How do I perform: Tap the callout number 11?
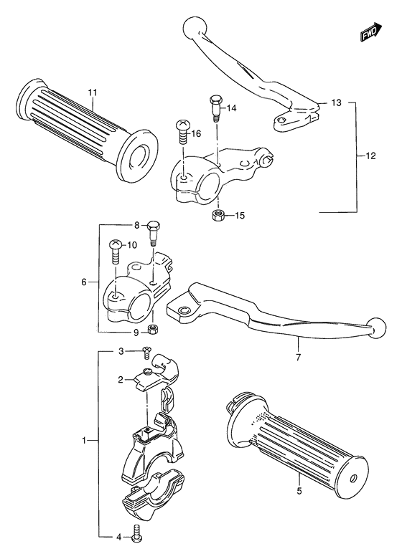pyautogui.click(x=92, y=92)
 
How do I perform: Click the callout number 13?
pyautogui.click(x=336, y=103)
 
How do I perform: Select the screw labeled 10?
pyautogui.click(x=113, y=249)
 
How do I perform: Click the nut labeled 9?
pyautogui.click(x=152, y=329)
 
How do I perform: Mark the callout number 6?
pyautogui.click(x=84, y=282)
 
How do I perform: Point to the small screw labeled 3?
pyautogui.click(x=146, y=352)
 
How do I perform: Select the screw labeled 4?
pyautogui.click(x=136, y=534)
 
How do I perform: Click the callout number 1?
pyautogui.click(x=84, y=440)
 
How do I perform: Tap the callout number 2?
pyautogui.click(x=122, y=381)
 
